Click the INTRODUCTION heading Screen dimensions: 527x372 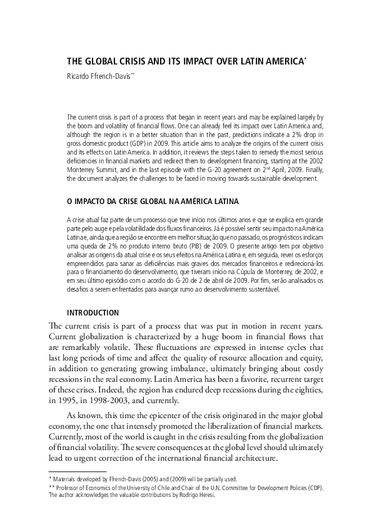point(93,312)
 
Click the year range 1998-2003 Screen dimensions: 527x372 point(119,401)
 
